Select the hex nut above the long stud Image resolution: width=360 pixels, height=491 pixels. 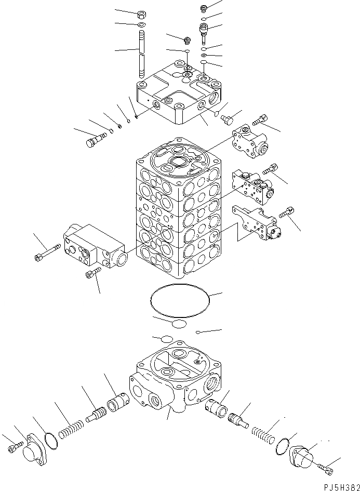click(142, 14)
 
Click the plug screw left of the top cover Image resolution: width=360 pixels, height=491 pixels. click(93, 139)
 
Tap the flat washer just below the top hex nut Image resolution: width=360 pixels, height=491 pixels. click(142, 25)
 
